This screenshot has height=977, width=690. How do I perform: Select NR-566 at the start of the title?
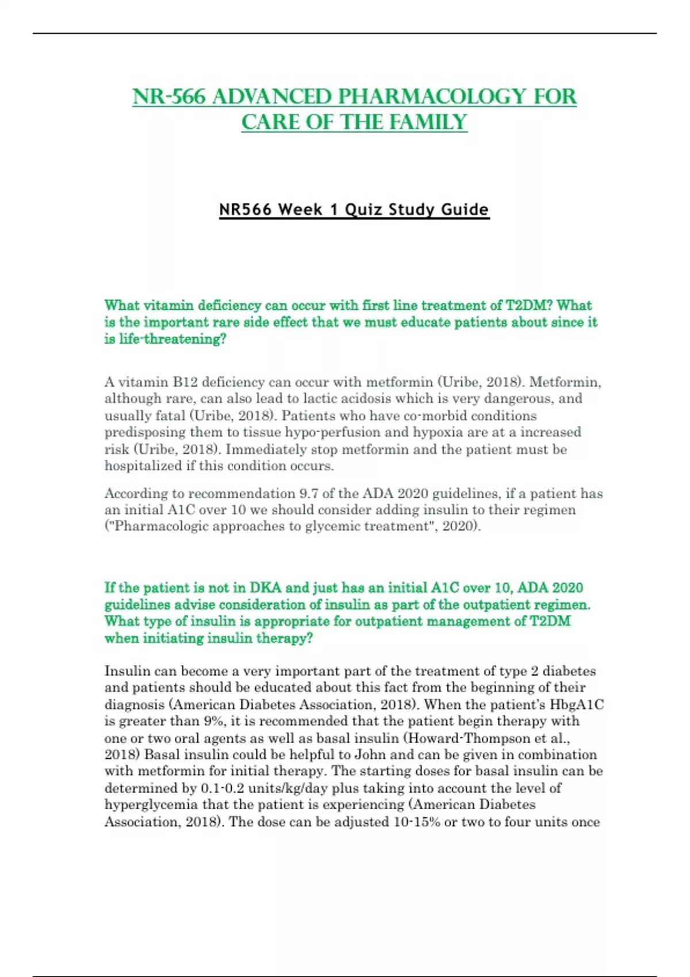169,97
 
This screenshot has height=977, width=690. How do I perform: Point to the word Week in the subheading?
300,209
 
